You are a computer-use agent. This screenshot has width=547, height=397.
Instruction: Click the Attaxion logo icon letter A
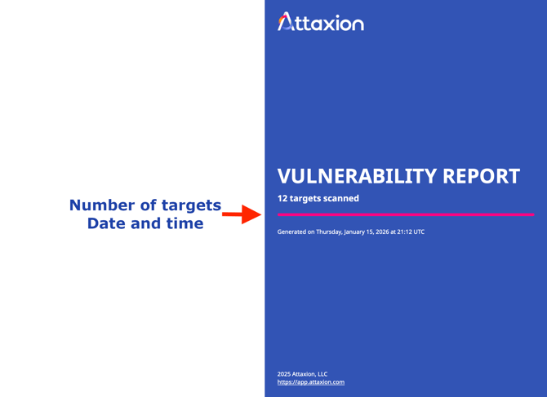point(284,22)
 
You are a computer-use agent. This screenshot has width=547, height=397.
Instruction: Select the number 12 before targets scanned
point(282,198)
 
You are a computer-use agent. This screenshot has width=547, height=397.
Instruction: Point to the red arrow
point(242,215)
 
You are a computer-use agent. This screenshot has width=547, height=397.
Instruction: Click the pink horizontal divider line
point(405,214)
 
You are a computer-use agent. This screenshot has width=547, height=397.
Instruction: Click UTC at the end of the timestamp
point(419,232)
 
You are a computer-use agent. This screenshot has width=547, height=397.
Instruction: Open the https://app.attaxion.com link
point(311,382)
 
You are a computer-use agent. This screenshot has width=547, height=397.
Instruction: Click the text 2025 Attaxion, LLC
point(302,373)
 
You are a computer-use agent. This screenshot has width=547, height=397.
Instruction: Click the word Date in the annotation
point(105,223)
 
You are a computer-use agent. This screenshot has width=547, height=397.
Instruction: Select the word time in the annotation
point(184,223)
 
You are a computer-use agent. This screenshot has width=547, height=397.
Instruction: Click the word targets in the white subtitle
point(306,198)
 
